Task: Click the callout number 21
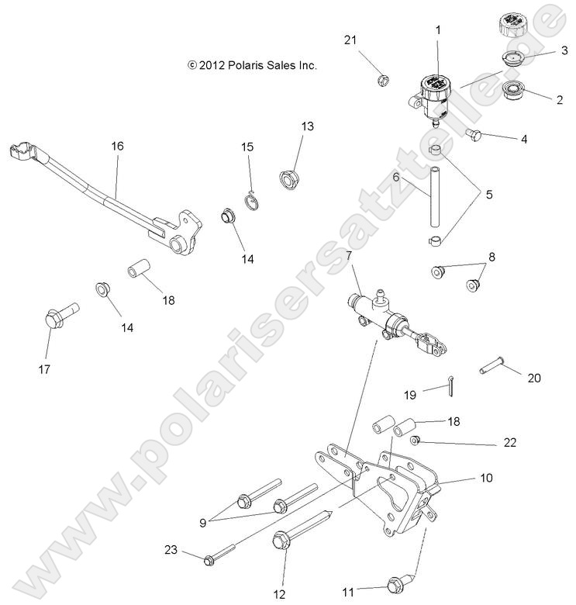click(x=350, y=40)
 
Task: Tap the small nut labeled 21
click(x=381, y=80)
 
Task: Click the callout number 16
click(x=117, y=146)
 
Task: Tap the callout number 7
click(x=349, y=256)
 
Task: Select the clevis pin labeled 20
click(x=491, y=363)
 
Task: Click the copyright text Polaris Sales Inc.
click(x=252, y=66)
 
